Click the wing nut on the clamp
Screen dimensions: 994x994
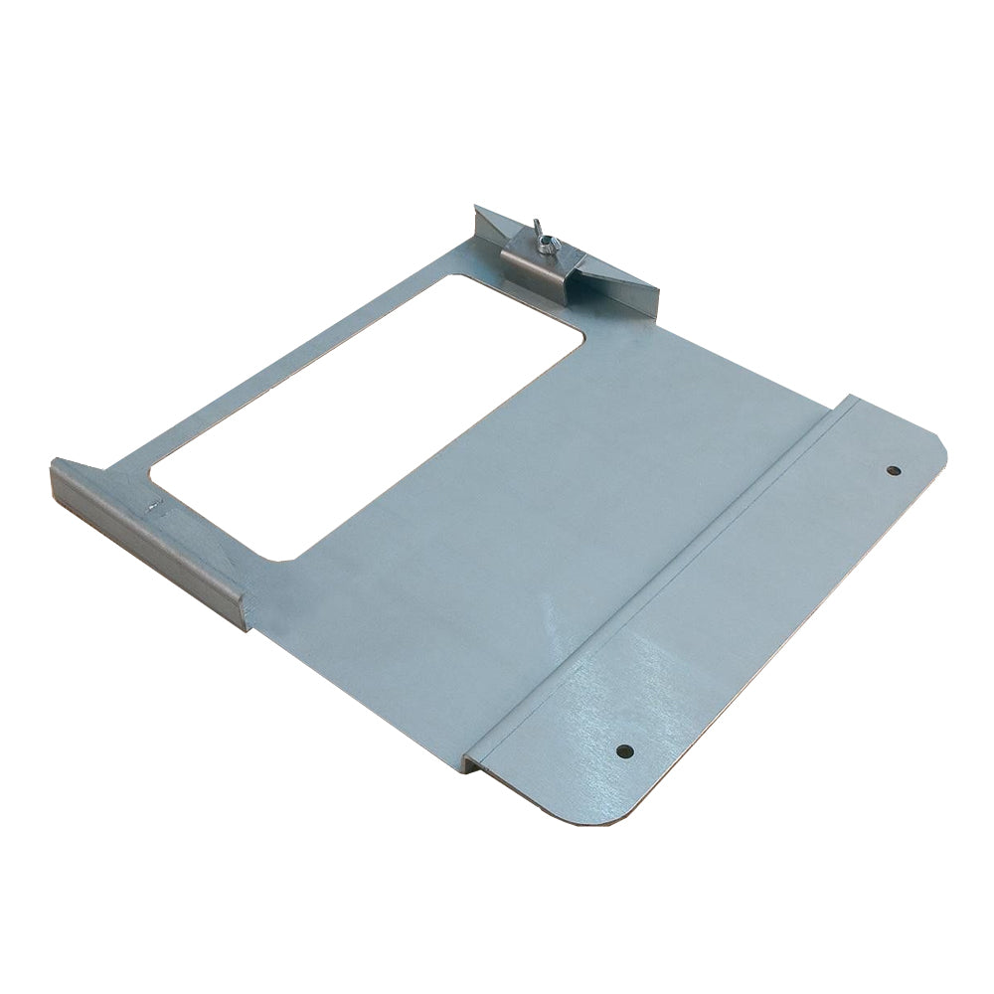tap(539, 235)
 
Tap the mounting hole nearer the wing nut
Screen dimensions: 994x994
tap(893, 470)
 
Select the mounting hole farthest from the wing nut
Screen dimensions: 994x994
tap(623, 750)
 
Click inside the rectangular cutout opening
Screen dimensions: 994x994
tap(368, 408)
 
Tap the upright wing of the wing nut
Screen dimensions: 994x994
tap(535, 227)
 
